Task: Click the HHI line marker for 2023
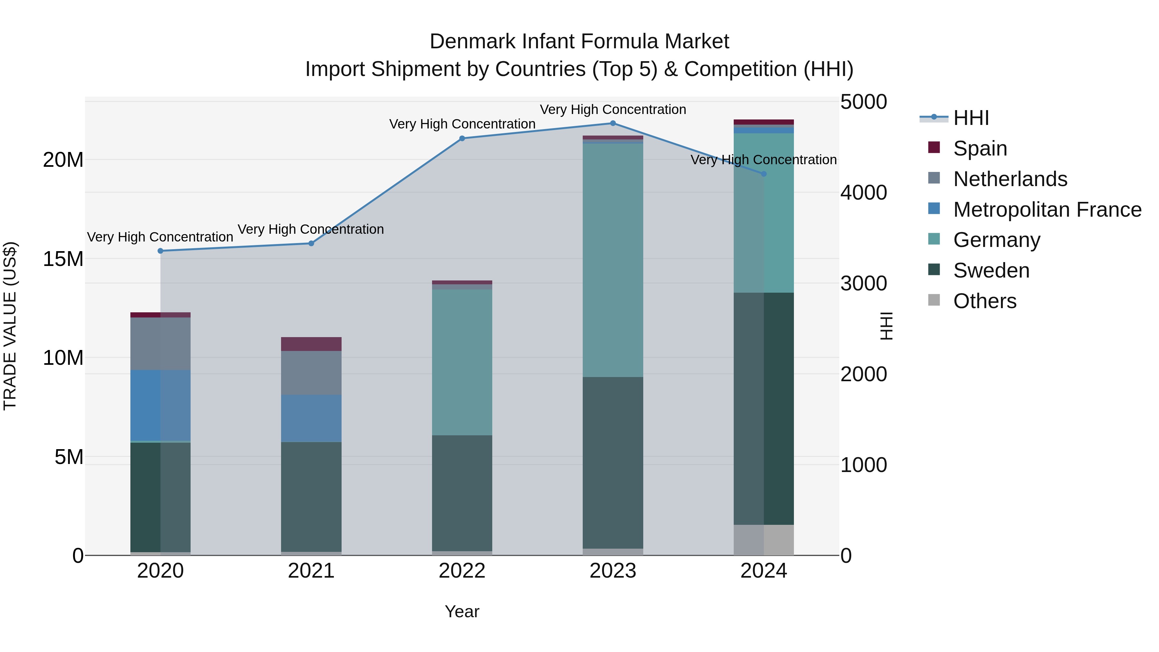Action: pos(613,123)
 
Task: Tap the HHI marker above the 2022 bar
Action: pos(462,138)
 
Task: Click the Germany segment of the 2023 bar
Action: pos(613,260)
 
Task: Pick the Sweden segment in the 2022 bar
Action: pos(462,493)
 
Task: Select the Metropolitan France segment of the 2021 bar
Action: pos(311,419)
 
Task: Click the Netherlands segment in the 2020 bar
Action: pos(160,344)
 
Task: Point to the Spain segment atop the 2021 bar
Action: pos(311,344)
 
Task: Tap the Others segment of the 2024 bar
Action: pos(764,540)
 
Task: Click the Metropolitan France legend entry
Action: pos(1047,210)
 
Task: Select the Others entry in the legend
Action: pos(985,301)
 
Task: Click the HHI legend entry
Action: pos(971,118)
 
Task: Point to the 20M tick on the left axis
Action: pos(63,160)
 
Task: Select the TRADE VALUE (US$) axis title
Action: pos(10,326)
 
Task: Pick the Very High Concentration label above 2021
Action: pos(311,230)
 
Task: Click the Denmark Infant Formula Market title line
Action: pos(579,42)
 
